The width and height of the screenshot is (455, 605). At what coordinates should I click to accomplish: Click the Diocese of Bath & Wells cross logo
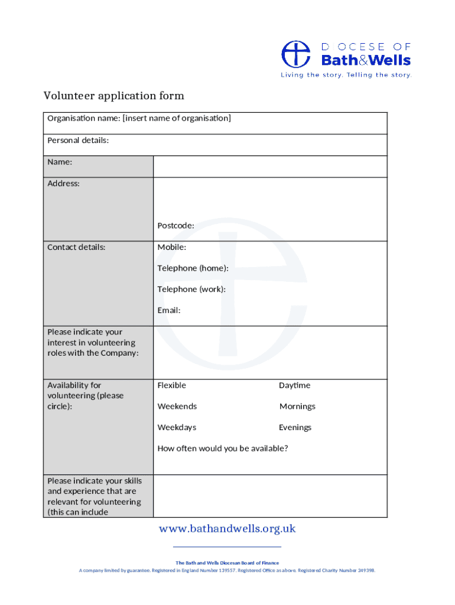tap(295, 54)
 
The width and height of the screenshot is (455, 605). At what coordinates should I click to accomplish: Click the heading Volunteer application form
tap(113, 96)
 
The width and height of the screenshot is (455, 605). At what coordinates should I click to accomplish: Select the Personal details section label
tap(78, 141)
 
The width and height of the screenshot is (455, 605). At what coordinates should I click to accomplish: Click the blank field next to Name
tap(270, 167)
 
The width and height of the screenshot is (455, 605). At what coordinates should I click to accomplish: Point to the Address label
tap(63, 184)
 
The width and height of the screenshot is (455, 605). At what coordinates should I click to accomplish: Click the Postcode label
tap(175, 226)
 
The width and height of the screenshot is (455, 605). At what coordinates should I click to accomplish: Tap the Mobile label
tap(171, 247)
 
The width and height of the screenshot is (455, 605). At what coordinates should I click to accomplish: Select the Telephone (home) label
tap(193, 268)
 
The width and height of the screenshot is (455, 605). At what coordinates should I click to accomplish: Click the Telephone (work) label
tap(191, 290)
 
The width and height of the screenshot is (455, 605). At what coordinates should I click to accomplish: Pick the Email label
tap(168, 310)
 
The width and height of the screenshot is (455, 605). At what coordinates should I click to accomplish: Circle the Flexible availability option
tap(171, 386)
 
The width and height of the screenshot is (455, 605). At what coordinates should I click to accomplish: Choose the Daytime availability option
tap(294, 386)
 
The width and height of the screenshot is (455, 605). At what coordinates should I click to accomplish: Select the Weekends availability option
tap(177, 406)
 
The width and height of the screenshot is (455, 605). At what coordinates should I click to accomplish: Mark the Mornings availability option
tap(297, 406)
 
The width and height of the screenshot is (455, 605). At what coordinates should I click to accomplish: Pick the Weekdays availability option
tap(177, 428)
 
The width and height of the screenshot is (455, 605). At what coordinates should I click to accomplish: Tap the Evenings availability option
tap(295, 428)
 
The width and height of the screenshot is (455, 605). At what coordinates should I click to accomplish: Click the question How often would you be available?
tap(222, 448)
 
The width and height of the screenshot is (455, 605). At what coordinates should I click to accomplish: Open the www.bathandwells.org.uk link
tap(227, 529)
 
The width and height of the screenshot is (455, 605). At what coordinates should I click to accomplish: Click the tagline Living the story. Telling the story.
tap(346, 75)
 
